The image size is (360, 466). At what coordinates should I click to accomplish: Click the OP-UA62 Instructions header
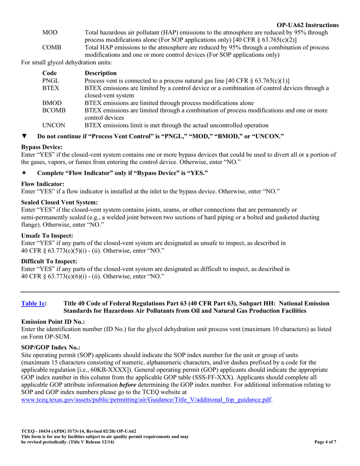tap(308, 25)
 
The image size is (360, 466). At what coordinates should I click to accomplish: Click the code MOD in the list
tap(50, 33)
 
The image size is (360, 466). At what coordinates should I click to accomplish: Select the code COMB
tap(52, 48)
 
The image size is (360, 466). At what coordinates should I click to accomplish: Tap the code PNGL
tap(51, 81)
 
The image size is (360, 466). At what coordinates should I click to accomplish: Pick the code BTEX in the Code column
tap(50, 88)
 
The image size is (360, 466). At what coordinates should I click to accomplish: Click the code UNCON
tap(53, 125)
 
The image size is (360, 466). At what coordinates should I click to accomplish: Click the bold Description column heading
tap(100, 73)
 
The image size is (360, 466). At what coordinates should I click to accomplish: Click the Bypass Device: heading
tap(42, 147)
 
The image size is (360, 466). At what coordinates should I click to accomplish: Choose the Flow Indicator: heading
tap(43, 184)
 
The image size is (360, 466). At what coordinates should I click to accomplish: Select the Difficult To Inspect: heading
tap(49, 261)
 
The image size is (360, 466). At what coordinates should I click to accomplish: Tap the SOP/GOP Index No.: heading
tap(50, 347)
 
